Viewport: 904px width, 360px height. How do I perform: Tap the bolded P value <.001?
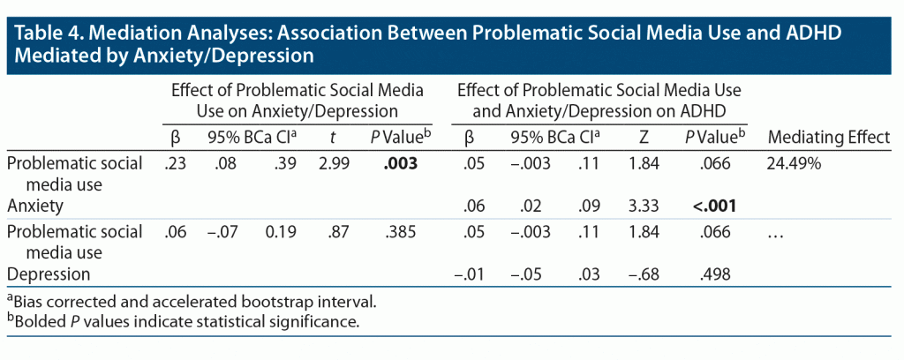point(713,206)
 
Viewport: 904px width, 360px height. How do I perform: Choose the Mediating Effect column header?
point(829,138)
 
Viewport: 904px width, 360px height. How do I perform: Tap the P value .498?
point(713,274)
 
